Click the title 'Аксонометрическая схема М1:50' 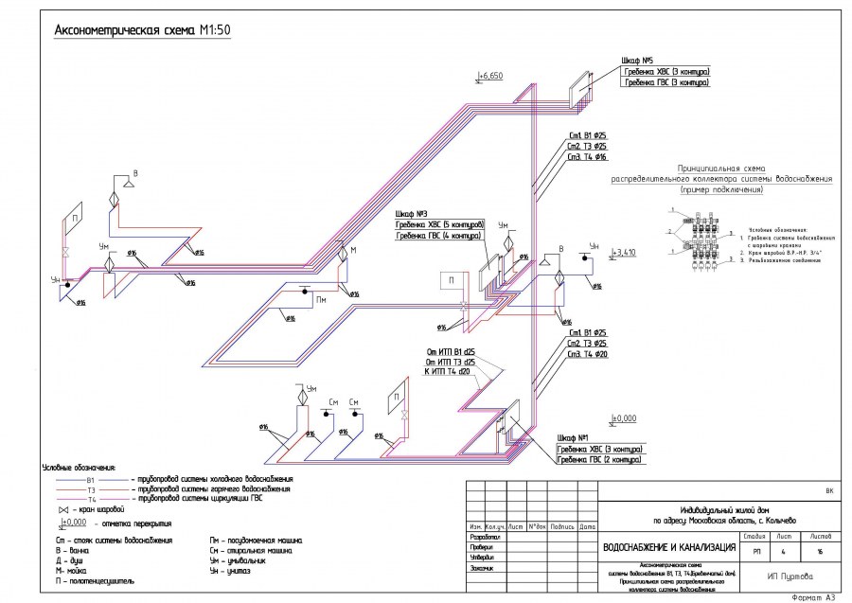[x=143, y=30]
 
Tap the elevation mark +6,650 [x=491, y=74]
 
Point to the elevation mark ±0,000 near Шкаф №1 [x=623, y=417]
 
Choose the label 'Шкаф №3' [x=412, y=213]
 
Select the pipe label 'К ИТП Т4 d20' [x=449, y=371]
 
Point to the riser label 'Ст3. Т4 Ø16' [x=587, y=157]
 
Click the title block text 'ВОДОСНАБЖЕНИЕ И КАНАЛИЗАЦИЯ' [x=669, y=547]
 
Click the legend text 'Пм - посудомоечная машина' [x=251, y=540]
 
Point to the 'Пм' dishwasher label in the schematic [x=321, y=300]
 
